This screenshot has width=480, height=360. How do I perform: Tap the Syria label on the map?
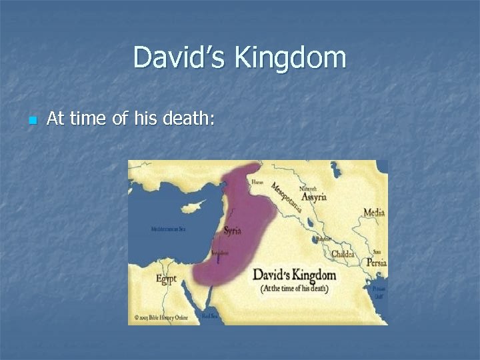[x=233, y=231]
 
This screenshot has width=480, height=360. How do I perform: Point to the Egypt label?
[x=167, y=278]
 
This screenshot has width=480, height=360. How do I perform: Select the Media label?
[x=374, y=213]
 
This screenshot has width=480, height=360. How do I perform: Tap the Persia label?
[x=376, y=263]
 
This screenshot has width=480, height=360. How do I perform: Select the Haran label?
[x=257, y=182]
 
